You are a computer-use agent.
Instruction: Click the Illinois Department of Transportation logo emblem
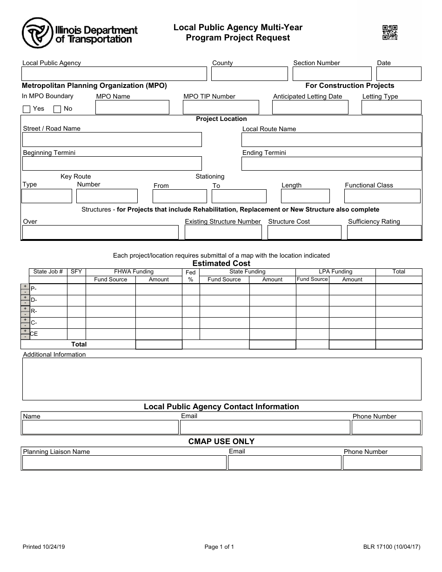tap(37, 33)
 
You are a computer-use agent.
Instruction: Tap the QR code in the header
tap(389, 33)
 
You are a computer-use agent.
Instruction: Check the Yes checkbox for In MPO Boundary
tap(27, 109)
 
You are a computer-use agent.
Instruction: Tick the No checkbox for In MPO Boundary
tap(57, 109)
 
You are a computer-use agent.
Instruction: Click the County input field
tap(249, 74)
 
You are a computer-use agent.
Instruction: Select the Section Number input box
tap(332, 74)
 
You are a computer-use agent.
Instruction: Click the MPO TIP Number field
tap(221, 107)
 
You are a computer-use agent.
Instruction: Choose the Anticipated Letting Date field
tap(310, 107)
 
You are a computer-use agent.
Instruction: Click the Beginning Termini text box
tap(112, 163)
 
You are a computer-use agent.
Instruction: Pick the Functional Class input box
tap(382, 196)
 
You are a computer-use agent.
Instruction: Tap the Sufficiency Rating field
tap(384, 233)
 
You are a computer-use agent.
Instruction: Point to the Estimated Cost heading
tap(221, 263)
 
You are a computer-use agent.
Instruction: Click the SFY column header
tap(76, 272)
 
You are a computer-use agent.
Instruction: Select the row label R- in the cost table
tap(34, 311)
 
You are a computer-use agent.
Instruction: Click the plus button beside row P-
tap(25, 286)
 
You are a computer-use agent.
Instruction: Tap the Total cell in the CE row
tap(398, 334)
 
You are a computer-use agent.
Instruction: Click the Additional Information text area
tap(221, 379)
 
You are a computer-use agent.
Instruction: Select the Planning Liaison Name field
tap(124, 463)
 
